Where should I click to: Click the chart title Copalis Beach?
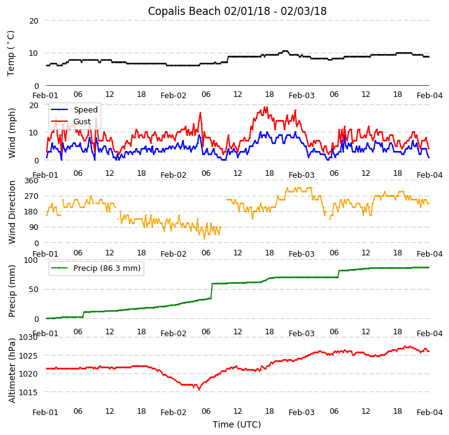coord(237,11)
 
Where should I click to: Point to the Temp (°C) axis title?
coord(11,53)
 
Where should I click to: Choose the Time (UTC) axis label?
coord(237,424)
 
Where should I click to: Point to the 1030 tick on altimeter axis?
coord(29,337)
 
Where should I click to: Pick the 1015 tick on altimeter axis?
coord(29,392)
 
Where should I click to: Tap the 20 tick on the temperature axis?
coord(34,21)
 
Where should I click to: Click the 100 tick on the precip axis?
coord(31,260)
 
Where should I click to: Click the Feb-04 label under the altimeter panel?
coord(429,413)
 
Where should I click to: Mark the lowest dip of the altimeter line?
coord(199,390)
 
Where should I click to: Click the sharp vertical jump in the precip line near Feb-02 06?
coord(211,291)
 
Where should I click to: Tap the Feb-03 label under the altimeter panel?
coord(302,413)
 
